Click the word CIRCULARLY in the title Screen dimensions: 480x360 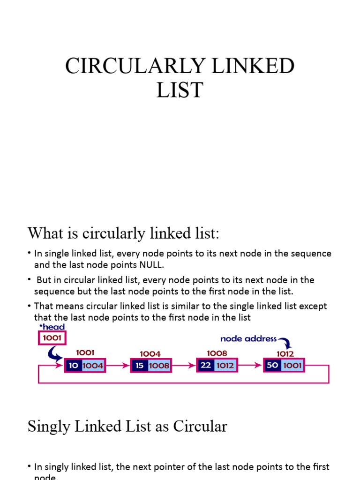[124, 66]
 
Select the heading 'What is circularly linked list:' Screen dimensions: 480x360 [123, 233]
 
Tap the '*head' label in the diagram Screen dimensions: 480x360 [52, 327]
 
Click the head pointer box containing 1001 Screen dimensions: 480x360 [52, 337]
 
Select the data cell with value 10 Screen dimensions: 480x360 [74, 365]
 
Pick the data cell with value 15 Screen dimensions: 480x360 [140, 365]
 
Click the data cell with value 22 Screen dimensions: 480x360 [206, 365]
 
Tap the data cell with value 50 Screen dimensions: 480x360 [272, 365]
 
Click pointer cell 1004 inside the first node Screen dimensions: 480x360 [93, 365]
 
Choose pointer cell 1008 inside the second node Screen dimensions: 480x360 [159, 365]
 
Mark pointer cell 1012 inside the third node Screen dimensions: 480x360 [225, 365]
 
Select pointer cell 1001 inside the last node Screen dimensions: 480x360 [292, 365]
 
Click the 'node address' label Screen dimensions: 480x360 [248, 338]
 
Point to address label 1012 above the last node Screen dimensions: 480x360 [285, 354]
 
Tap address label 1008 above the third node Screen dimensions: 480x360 [217, 353]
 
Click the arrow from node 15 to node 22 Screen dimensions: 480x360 [183, 365]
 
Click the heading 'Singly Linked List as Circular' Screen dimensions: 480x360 [127, 427]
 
